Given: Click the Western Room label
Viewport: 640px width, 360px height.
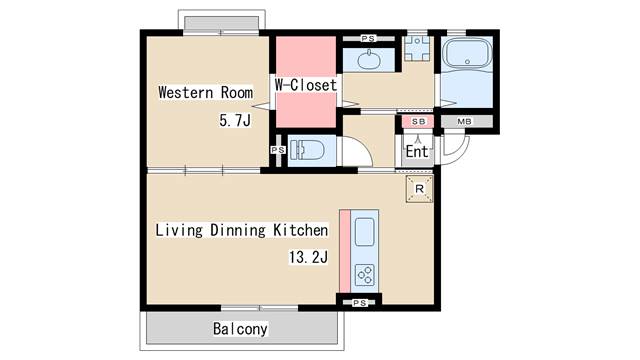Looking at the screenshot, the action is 205,92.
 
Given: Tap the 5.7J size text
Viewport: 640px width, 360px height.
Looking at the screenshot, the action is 235,120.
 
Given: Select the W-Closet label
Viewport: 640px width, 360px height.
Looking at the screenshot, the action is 306,85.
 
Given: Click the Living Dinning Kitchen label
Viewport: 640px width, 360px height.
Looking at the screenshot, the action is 242,230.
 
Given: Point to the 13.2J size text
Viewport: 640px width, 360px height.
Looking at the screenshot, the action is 308,257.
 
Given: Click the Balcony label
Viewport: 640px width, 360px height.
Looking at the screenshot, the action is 240,329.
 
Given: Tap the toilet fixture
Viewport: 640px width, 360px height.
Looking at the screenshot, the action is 307,150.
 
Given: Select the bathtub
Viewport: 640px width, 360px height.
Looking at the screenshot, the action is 467,53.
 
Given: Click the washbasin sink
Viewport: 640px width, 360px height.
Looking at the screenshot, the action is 369,60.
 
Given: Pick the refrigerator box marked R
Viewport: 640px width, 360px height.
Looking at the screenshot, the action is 419,189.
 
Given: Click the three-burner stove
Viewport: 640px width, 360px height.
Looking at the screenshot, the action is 365,275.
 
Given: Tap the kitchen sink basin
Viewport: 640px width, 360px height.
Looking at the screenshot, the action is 364,232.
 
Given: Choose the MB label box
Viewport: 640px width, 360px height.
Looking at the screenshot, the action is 464,121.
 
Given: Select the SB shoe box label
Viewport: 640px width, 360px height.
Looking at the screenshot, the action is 418,121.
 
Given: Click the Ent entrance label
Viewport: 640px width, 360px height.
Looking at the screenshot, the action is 417,152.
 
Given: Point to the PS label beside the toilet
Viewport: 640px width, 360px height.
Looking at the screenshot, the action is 278,150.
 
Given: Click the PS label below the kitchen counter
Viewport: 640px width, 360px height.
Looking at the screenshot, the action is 360,303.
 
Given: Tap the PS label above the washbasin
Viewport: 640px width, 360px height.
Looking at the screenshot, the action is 368,38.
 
